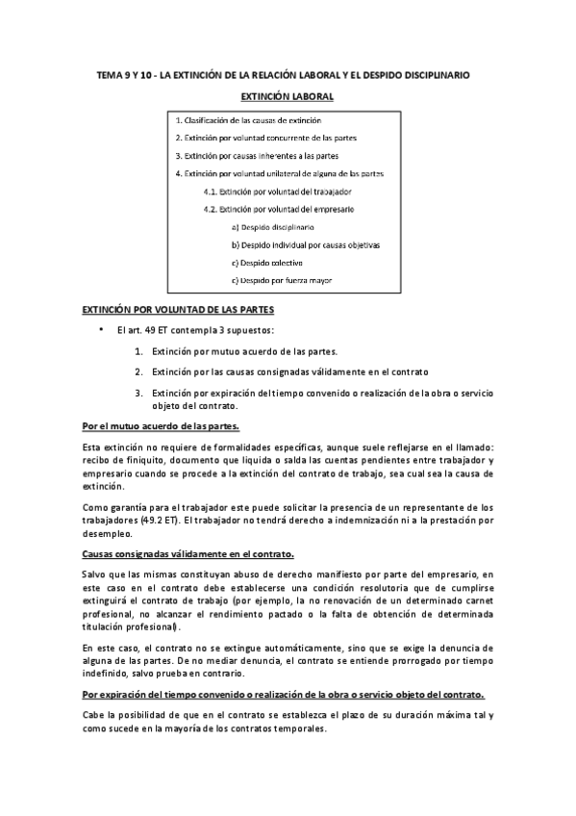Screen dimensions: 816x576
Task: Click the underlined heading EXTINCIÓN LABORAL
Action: [x=287, y=97]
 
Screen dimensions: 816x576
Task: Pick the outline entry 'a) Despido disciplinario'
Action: [x=272, y=227]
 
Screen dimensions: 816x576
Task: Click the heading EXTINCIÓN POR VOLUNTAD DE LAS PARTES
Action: [x=178, y=311]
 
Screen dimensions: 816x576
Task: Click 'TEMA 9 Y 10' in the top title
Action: [x=126, y=74]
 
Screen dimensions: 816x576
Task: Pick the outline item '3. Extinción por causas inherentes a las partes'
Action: [x=257, y=156]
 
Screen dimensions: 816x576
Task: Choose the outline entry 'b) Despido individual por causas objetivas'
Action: [x=306, y=245]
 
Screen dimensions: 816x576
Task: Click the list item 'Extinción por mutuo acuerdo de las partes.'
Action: [x=244, y=351]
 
